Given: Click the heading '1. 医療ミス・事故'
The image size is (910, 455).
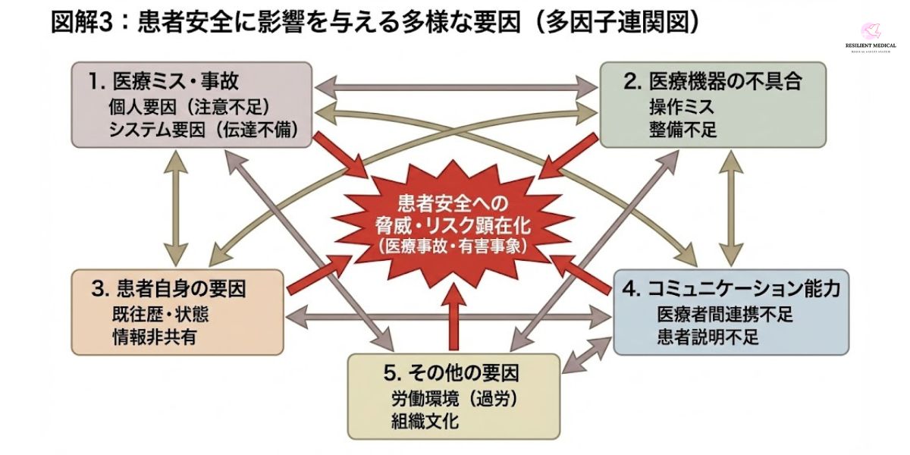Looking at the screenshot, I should point(170,80).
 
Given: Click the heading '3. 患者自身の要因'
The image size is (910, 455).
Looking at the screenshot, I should point(171,289).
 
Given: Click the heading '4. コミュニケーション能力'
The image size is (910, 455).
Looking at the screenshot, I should point(731,289).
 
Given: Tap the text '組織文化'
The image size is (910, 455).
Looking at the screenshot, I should point(422,420).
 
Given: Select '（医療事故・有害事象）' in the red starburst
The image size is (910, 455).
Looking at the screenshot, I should point(455,246).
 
